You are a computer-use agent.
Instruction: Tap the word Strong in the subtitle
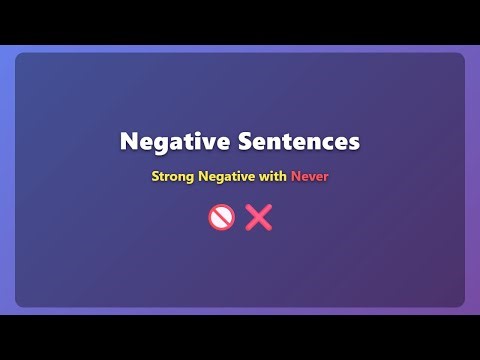click(x=173, y=177)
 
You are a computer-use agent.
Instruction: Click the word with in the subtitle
click(x=273, y=177)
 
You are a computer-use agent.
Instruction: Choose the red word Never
click(x=310, y=177)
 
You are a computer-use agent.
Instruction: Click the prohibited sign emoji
click(x=221, y=217)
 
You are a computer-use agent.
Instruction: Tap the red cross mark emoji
click(x=259, y=217)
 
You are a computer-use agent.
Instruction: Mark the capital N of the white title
click(x=128, y=142)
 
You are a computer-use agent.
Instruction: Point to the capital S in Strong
click(x=155, y=177)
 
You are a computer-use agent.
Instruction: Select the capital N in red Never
click(x=296, y=177)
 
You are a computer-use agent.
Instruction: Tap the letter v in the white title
click(x=204, y=143)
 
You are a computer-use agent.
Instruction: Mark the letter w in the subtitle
click(x=263, y=178)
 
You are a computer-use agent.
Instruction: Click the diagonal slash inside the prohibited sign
click(x=221, y=217)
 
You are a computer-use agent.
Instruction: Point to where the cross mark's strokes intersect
click(x=259, y=217)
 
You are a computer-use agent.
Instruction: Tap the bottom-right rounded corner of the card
click(x=461, y=303)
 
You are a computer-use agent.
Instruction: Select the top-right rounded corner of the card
click(x=461, y=57)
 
